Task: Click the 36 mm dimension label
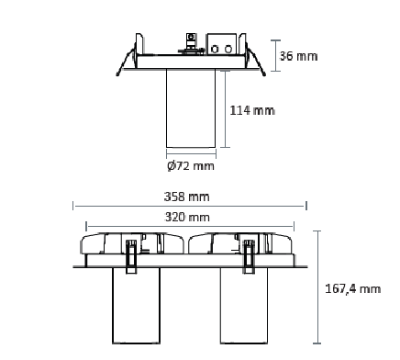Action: (298, 56)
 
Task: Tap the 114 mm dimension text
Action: (252, 110)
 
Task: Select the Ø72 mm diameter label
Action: (191, 166)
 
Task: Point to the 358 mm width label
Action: (187, 197)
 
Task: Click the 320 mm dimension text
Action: (187, 217)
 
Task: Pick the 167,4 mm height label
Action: (353, 288)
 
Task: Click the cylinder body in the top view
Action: (191, 108)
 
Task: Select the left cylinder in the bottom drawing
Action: (136, 306)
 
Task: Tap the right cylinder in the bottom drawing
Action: (244, 306)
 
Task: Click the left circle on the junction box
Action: (216, 49)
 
